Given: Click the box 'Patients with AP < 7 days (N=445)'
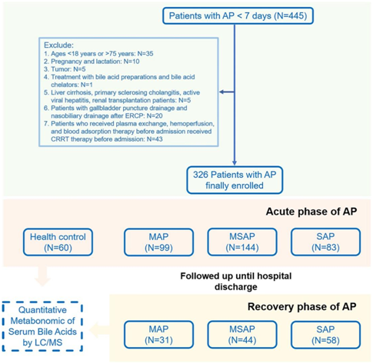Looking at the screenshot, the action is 238,16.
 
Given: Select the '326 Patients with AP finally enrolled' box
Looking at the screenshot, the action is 235,180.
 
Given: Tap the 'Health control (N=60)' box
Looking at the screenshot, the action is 58,242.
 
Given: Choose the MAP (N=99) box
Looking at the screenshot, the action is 158,242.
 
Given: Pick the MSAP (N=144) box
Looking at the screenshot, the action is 242,242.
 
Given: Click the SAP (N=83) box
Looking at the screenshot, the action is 325,242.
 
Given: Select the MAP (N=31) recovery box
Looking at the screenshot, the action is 158,335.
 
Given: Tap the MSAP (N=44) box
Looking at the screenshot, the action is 242,335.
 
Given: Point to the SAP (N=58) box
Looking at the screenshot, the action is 325,335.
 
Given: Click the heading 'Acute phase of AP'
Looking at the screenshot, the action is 311,212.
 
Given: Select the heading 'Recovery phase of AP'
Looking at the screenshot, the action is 302,307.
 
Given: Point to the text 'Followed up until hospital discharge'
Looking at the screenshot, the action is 236,281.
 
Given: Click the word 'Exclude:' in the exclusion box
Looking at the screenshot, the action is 58,45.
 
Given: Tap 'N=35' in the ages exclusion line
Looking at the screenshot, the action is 145,54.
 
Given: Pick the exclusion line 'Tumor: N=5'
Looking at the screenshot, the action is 65,69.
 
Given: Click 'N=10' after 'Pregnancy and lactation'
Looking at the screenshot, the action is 132,62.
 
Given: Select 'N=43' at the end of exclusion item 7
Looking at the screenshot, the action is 155,139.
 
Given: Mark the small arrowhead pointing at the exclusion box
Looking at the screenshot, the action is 222,92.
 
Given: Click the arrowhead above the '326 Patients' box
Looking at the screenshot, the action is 235,163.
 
